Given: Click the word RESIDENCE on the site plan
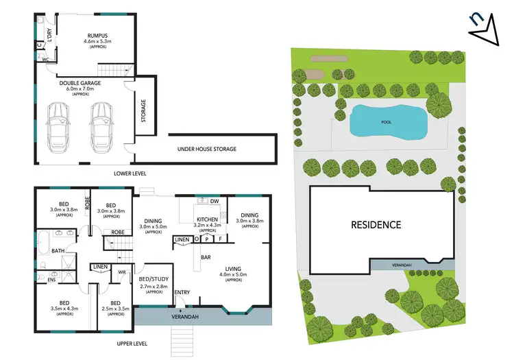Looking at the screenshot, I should (x=376, y=224).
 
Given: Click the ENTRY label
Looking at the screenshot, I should (x=182, y=293).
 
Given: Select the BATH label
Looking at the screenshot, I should (x=58, y=251).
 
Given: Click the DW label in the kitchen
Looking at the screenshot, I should (x=215, y=201).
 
